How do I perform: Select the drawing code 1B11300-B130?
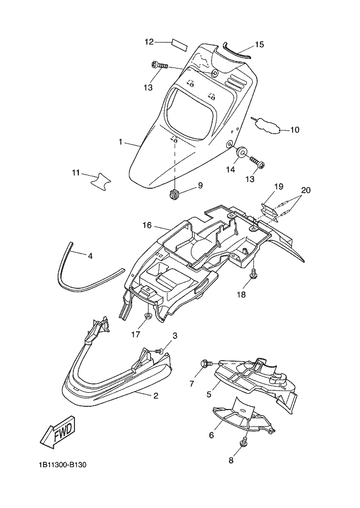[63, 466]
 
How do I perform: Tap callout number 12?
[150, 41]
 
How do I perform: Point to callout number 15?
[259, 44]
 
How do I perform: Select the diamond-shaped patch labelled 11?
[99, 180]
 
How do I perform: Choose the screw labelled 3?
[158, 351]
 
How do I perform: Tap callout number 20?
[306, 190]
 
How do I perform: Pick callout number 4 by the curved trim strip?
[90, 255]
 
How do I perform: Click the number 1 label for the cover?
[121, 142]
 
